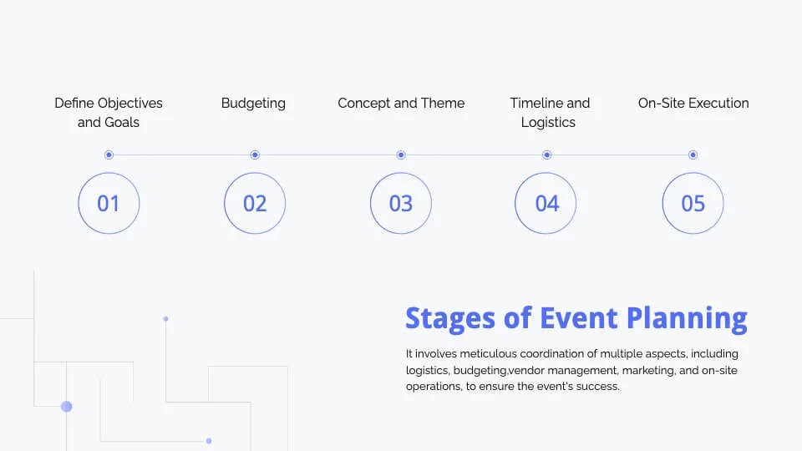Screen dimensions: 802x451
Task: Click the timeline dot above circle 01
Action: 109,155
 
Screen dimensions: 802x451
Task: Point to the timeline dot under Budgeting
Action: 255,155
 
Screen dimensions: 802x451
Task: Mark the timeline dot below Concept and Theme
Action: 401,155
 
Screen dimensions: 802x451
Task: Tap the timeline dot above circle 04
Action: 546,155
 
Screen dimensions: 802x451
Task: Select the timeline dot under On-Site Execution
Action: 693,155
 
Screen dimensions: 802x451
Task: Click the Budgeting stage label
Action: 253,104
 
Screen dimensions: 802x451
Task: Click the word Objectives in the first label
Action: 130,104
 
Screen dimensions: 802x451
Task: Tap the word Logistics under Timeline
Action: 548,123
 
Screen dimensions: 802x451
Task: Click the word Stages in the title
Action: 450,318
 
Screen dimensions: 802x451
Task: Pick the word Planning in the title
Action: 687,318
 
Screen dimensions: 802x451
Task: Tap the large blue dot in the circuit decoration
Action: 67,407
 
